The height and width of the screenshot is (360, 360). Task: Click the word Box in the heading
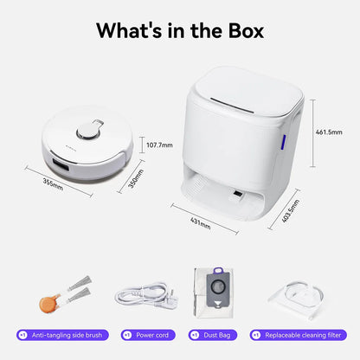[247, 30]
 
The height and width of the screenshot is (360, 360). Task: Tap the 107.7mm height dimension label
[159, 145]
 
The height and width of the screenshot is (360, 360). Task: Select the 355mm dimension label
[53, 184]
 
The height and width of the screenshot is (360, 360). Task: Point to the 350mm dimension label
[136, 179]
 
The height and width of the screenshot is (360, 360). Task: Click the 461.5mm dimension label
[329, 132]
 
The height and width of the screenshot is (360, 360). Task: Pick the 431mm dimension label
[201, 223]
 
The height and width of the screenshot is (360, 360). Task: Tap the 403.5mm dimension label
[291, 211]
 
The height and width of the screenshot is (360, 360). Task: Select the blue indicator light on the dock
[283, 142]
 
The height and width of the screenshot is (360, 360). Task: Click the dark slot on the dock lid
[232, 106]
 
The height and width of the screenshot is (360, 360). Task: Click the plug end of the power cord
[167, 301]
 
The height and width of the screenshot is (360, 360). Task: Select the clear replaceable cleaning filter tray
[297, 300]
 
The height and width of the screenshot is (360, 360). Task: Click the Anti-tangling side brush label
[62, 335]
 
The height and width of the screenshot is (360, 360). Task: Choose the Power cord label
[148, 335]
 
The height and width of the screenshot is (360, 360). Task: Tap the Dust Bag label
[213, 335]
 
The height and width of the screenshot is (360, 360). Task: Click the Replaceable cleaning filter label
[299, 335]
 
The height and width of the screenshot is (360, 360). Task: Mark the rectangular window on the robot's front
[61, 164]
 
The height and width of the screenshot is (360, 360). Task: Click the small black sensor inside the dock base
[238, 194]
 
